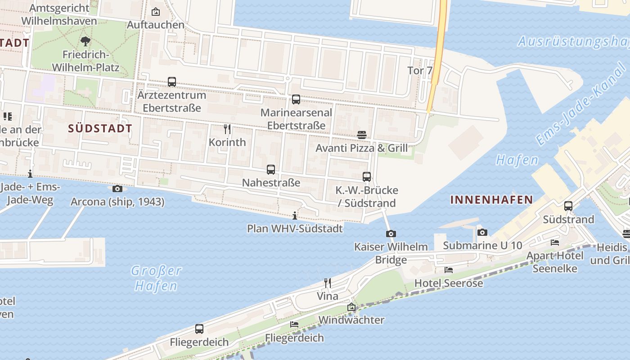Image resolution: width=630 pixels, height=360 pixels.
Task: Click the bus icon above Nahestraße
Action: (x=271, y=170)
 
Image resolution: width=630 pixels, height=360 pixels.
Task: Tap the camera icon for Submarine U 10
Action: (x=482, y=232)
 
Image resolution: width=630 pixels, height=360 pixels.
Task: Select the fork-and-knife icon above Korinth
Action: (x=227, y=129)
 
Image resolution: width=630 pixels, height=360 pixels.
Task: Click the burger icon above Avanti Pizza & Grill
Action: (x=362, y=135)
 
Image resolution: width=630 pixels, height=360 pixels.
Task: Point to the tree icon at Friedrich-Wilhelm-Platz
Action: (x=85, y=42)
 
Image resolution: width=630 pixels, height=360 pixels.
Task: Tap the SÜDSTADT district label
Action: (x=100, y=128)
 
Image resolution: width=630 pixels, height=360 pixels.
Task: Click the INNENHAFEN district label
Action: (x=491, y=200)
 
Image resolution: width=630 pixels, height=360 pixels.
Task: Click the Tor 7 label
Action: (x=419, y=71)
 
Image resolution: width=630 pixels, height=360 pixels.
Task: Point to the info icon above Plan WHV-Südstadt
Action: (x=295, y=216)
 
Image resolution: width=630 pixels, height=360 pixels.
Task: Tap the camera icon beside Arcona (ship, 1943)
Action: (x=117, y=189)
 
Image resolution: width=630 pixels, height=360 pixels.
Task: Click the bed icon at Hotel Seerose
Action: (x=449, y=270)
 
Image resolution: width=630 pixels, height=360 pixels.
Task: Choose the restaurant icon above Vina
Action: (x=328, y=283)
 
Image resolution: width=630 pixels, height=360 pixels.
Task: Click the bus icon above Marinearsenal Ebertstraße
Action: (x=296, y=99)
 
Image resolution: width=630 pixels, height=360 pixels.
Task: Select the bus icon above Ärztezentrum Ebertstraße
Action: (x=172, y=82)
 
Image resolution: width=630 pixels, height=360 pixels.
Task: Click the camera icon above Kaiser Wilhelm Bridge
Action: (x=391, y=234)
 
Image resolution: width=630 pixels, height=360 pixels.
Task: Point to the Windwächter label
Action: (x=351, y=320)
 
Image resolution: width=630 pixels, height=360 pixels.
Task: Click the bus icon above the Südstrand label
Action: (x=568, y=206)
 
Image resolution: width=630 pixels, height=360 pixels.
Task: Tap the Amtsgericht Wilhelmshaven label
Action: (x=59, y=14)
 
